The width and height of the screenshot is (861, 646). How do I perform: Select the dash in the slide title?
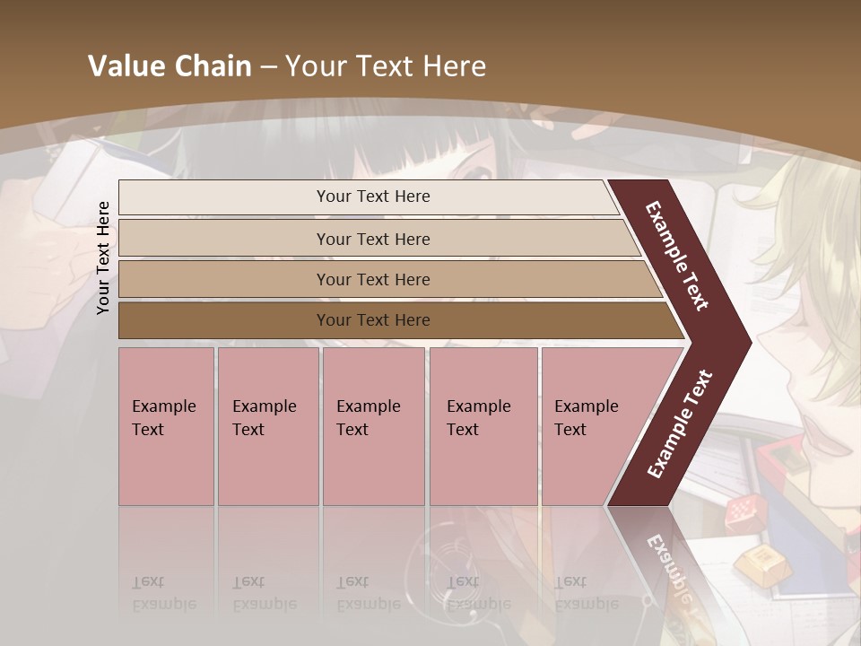268,66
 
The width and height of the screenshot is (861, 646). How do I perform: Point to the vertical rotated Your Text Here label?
103,258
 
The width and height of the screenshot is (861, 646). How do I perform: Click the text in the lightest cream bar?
373,196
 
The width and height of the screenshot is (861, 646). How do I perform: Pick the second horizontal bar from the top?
377,239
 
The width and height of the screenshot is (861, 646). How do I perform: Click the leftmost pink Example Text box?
166,426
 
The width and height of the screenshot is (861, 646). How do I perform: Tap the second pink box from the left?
267,426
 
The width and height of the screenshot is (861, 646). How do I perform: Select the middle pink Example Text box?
373,426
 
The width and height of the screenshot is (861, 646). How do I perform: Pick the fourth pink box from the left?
483,426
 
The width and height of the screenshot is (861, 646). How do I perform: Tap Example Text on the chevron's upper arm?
677,257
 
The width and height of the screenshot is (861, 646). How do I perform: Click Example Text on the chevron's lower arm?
679,423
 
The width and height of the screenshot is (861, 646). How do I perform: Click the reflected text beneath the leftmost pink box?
164,593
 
